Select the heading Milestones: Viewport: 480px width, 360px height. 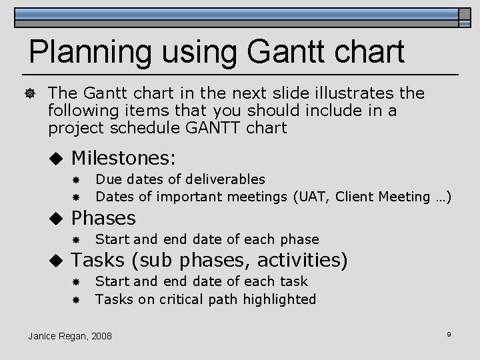pos(123,158)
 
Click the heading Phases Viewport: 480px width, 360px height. pos(103,218)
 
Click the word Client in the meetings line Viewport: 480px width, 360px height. pos(355,197)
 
